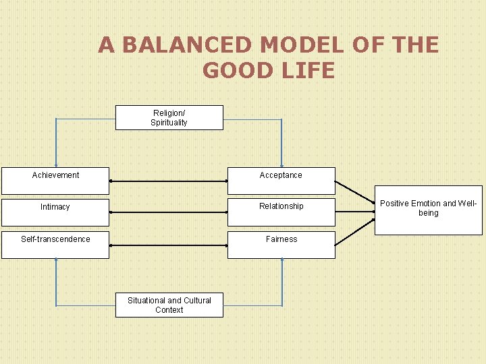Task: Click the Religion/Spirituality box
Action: pyautogui.click(x=169, y=117)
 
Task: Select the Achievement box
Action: pyautogui.click(x=55, y=180)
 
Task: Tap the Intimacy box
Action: pyautogui.click(x=55, y=212)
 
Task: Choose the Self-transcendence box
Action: pyautogui.click(x=55, y=245)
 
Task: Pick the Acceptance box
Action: pyautogui.click(x=281, y=180)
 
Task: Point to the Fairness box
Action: pyautogui.click(x=281, y=245)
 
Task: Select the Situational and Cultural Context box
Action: pyautogui.click(x=169, y=305)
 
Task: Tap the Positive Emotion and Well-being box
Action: pyautogui.click(x=428, y=210)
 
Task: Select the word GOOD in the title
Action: pyautogui.click(x=236, y=70)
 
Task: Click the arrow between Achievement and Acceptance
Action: pyautogui.click(x=168, y=181)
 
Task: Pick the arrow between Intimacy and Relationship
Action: pyautogui.click(x=168, y=212)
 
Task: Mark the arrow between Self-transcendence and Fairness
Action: pyautogui.click(x=168, y=245)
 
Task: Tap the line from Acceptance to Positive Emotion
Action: pyautogui.click(x=355, y=192)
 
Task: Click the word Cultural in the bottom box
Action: pyautogui.click(x=197, y=301)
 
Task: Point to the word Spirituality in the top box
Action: pyautogui.click(x=169, y=123)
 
